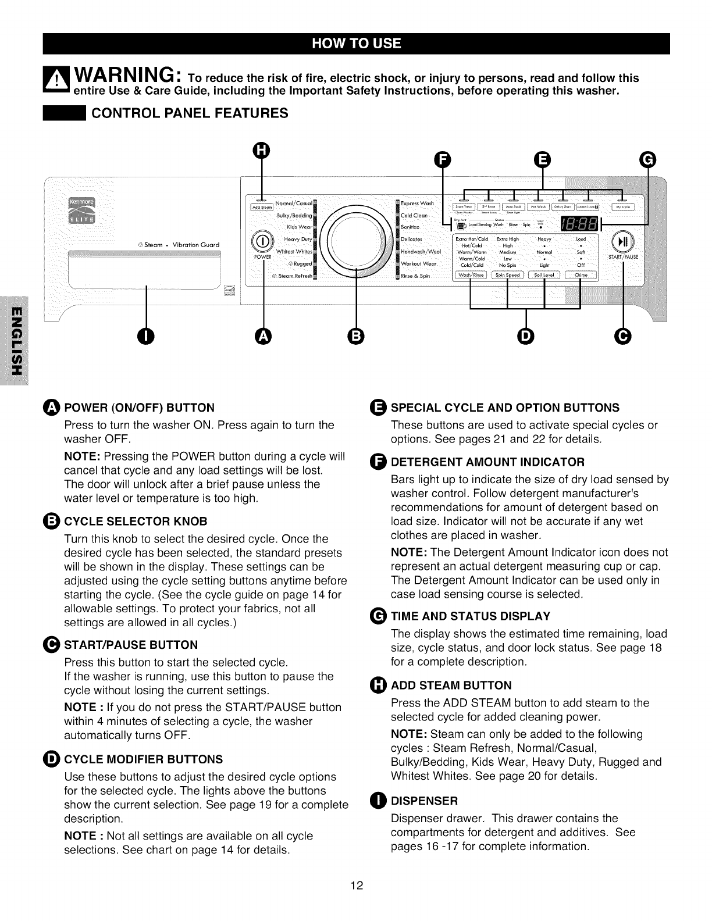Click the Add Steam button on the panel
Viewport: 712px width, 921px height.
pos(262,207)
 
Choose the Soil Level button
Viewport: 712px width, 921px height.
pos(544,276)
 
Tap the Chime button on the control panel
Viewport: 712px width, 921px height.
pos(581,276)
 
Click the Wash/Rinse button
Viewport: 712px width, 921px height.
pos(471,276)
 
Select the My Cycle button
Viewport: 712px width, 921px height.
pos(622,206)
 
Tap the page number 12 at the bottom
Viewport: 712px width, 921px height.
pos(356,886)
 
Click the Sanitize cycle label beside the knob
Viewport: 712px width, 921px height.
pos(412,227)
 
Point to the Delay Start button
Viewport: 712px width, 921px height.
pos(563,206)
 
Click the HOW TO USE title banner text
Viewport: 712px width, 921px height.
pos(356,44)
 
